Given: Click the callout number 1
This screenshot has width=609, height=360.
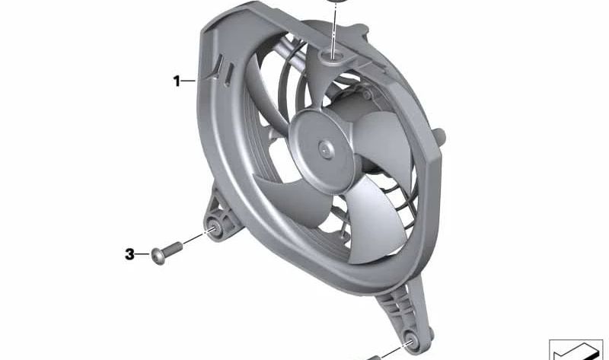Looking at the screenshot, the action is pos(177,81).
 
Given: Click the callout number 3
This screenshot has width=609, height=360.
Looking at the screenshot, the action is pos(129,254).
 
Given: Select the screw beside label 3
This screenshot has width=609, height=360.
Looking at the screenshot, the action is pos(167,252).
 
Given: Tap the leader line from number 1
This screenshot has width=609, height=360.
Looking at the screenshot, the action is pos(189,81).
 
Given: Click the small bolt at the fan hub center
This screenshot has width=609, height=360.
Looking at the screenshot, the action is pos(326,149).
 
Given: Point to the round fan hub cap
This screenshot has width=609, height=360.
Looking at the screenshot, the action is pos(320,150).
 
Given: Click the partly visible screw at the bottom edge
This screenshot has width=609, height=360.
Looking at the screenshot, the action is pos(374,358).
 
